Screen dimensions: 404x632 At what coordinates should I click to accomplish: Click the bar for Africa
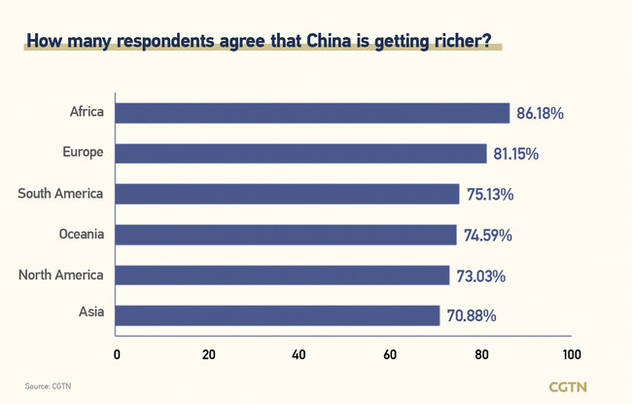(312, 113)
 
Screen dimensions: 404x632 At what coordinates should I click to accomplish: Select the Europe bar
(300, 154)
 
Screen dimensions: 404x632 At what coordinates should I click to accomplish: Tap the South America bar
(287, 194)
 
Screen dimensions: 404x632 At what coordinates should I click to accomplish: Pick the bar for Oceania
(286, 235)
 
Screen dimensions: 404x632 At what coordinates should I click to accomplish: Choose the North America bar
(282, 275)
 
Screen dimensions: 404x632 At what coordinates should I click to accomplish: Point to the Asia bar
(277, 315)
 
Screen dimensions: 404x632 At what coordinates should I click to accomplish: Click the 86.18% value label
(541, 114)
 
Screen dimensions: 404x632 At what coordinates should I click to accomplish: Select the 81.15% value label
(517, 154)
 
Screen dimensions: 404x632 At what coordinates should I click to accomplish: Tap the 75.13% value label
(489, 195)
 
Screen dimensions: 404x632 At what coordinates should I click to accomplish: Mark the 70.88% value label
(470, 316)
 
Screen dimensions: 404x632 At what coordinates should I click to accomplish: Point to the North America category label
(60, 275)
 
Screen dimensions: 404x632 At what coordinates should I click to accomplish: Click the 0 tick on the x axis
(117, 354)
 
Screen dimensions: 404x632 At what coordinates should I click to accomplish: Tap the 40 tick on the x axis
(298, 354)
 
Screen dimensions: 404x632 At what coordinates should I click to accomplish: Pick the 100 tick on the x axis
(572, 354)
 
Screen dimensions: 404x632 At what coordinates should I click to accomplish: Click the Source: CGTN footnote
(48, 386)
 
